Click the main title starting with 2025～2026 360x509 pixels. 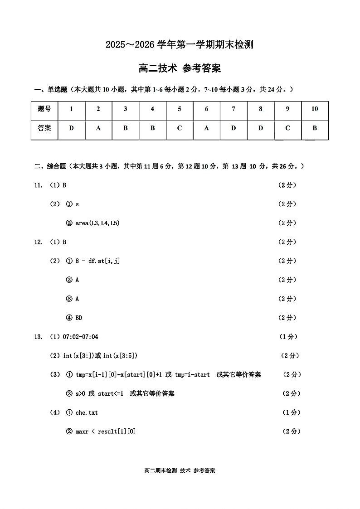click(x=180, y=44)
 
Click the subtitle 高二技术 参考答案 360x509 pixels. click(x=180, y=68)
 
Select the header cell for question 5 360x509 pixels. click(x=180, y=109)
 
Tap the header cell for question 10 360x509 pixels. click(x=315, y=109)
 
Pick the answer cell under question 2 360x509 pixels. click(x=98, y=128)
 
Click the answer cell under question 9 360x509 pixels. click(x=287, y=128)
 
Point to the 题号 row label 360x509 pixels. click(x=44, y=109)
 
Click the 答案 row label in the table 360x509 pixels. click(x=44, y=128)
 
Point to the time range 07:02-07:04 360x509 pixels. click(x=80, y=337)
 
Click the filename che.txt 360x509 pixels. click(x=87, y=412)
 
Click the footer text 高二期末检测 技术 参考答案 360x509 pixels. click(x=180, y=470)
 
